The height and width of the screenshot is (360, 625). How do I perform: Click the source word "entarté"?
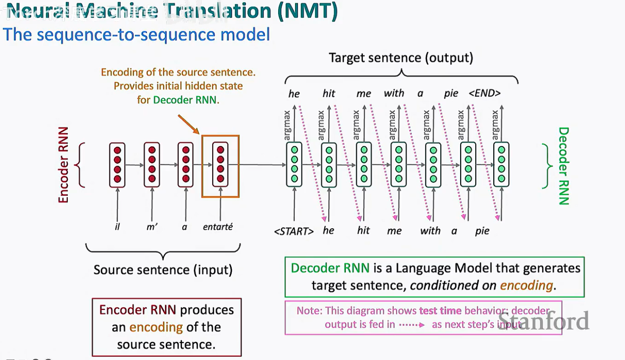pos(217,227)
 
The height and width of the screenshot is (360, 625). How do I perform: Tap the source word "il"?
pos(117,227)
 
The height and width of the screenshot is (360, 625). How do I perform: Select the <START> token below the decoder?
pos(294,231)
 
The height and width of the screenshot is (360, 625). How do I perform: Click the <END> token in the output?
pos(484,93)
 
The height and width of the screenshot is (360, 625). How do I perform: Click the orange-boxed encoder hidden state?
pos(220,165)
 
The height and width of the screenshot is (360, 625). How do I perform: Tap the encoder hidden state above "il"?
pos(117,164)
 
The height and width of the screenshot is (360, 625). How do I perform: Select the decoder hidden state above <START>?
pos(294,164)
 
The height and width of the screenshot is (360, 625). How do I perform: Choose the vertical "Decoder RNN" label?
pos(563,166)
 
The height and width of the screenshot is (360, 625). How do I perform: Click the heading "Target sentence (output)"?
pos(401,58)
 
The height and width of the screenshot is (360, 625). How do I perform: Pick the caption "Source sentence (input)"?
pos(163,270)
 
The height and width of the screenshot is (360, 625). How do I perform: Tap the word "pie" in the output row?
pos(451,93)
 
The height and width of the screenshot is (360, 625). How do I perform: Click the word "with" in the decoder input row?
pos(430,231)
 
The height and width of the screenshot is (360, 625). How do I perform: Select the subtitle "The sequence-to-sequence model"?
pos(136,35)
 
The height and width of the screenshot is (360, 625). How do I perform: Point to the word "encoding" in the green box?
pos(526,285)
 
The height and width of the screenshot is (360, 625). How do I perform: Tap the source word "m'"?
pos(152,227)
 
